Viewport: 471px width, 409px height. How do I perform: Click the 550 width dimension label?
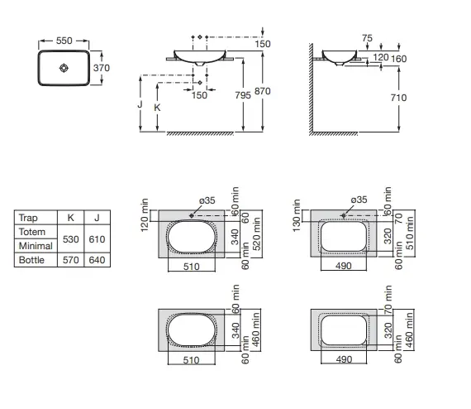click(x=64, y=41)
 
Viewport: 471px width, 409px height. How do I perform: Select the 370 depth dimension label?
click(x=102, y=68)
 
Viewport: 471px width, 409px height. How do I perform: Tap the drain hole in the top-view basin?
click(x=64, y=68)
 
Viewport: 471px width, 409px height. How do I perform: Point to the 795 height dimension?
click(x=243, y=95)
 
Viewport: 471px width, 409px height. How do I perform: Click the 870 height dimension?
click(x=263, y=91)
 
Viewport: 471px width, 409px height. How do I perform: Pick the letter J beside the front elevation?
click(x=140, y=104)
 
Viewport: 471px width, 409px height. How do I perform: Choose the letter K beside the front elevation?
click(x=157, y=108)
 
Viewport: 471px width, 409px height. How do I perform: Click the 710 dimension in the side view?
click(x=398, y=98)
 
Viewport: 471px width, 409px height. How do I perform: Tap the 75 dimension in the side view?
click(x=367, y=38)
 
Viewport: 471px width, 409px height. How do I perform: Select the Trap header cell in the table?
click(x=28, y=218)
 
